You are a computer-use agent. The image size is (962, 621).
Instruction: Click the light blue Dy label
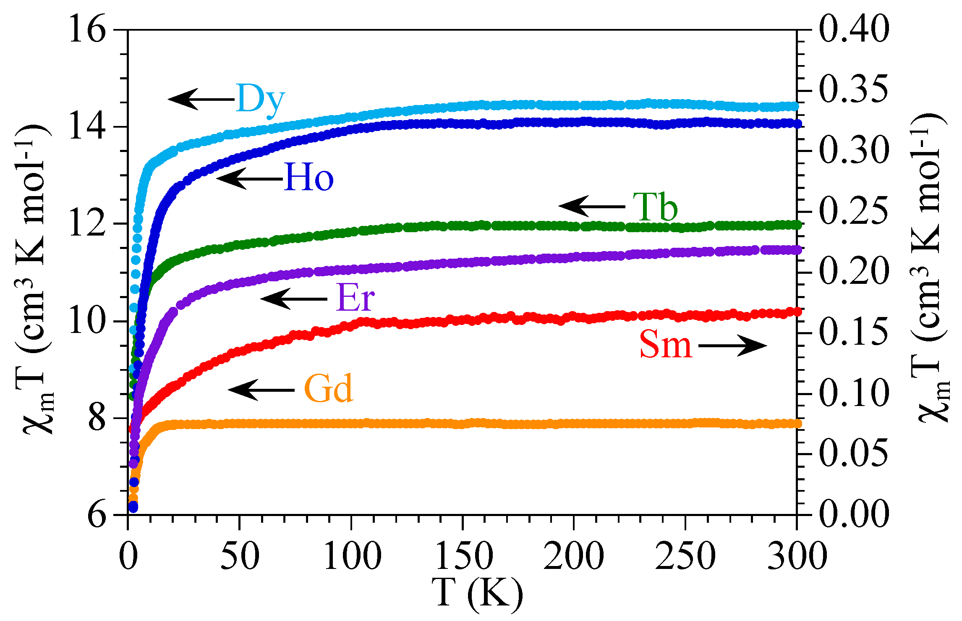[260, 99]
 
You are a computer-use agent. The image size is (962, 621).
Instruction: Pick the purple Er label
[355, 298]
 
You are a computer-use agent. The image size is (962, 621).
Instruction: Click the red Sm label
[665, 345]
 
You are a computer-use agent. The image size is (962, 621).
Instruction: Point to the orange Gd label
[328, 389]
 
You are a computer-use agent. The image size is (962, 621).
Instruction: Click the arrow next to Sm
[732, 346]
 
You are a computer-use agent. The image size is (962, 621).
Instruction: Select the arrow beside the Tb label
[592, 206]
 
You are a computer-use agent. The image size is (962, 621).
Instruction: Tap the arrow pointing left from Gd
[261, 390]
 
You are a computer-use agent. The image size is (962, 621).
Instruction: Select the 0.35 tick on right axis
[854, 89]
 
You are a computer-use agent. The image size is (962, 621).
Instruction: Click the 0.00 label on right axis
[854, 514]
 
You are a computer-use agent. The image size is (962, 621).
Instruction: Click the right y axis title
[930, 269]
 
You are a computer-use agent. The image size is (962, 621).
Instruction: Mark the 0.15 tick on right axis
[854, 333]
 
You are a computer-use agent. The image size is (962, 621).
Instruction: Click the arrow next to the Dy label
[201, 100]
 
